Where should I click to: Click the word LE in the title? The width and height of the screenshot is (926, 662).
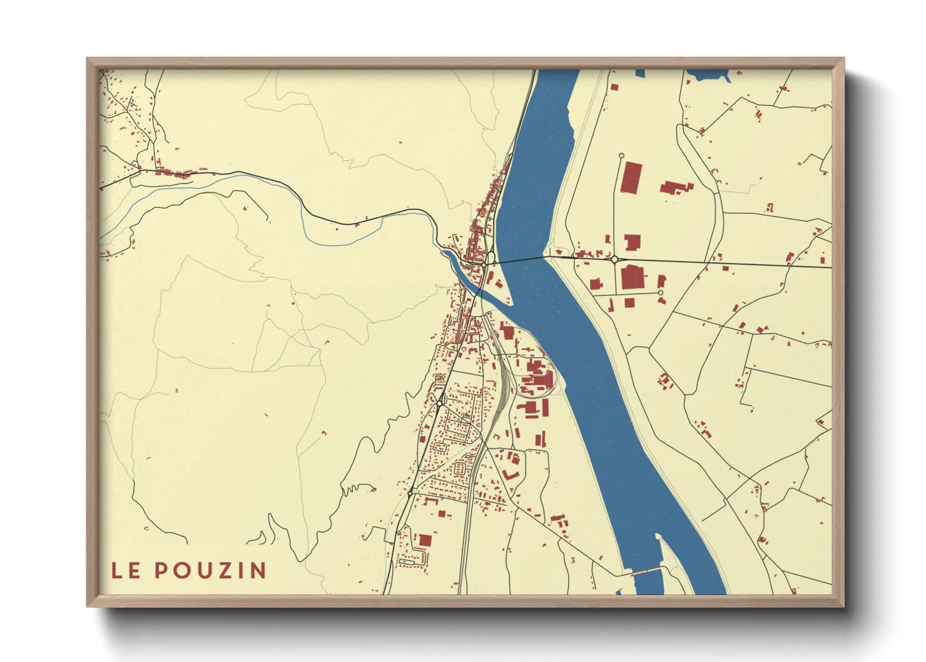click(x=125, y=570)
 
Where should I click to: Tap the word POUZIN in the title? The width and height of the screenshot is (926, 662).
click(x=210, y=570)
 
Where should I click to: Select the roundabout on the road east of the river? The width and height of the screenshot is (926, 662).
click(x=614, y=259)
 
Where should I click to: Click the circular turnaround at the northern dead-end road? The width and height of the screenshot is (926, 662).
click(x=621, y=156)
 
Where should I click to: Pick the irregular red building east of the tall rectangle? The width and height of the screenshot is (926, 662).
click(x=676, y=187)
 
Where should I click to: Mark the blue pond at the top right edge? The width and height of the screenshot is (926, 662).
click(x=709, y=76)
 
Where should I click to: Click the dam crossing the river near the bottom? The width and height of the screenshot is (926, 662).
click(x=644, y=571)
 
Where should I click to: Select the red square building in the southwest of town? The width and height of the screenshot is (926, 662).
click(x=425, y=540)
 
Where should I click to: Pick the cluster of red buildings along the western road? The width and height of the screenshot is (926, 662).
click(x=178, y=173)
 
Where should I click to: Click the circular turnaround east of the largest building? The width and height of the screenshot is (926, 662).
click(x=660, y=292)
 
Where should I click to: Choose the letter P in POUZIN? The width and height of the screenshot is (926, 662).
click(x=161, y=570)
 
